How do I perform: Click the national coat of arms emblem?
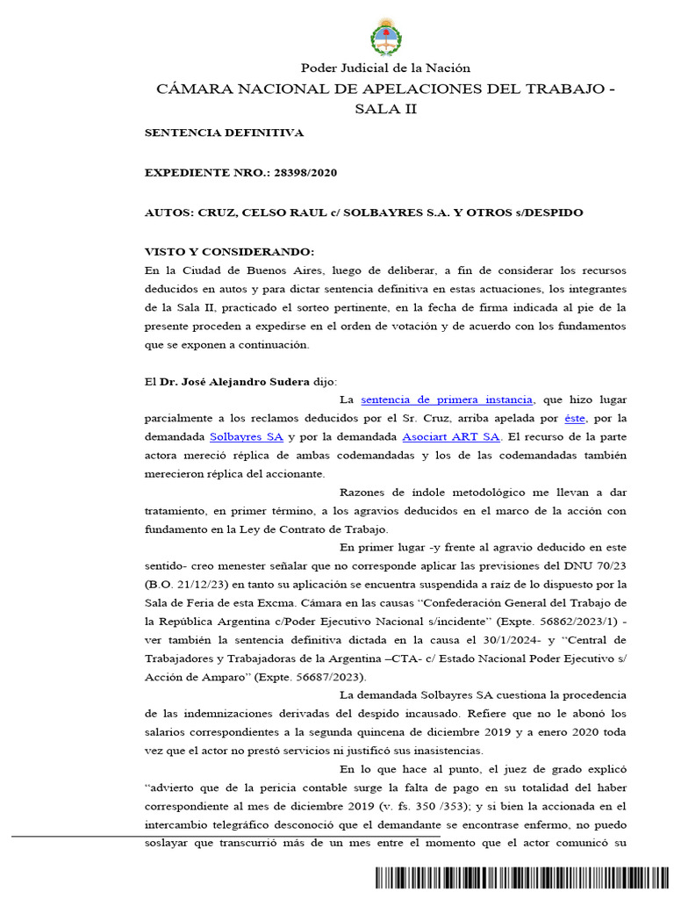386,38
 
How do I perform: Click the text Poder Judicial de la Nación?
386,68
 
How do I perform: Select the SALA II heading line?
386,109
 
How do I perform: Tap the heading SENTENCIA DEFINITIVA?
224,133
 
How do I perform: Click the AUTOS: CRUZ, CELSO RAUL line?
363,212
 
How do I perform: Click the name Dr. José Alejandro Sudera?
235,382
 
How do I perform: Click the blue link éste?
574,417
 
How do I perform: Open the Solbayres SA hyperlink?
246,435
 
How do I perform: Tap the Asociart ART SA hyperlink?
450,435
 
